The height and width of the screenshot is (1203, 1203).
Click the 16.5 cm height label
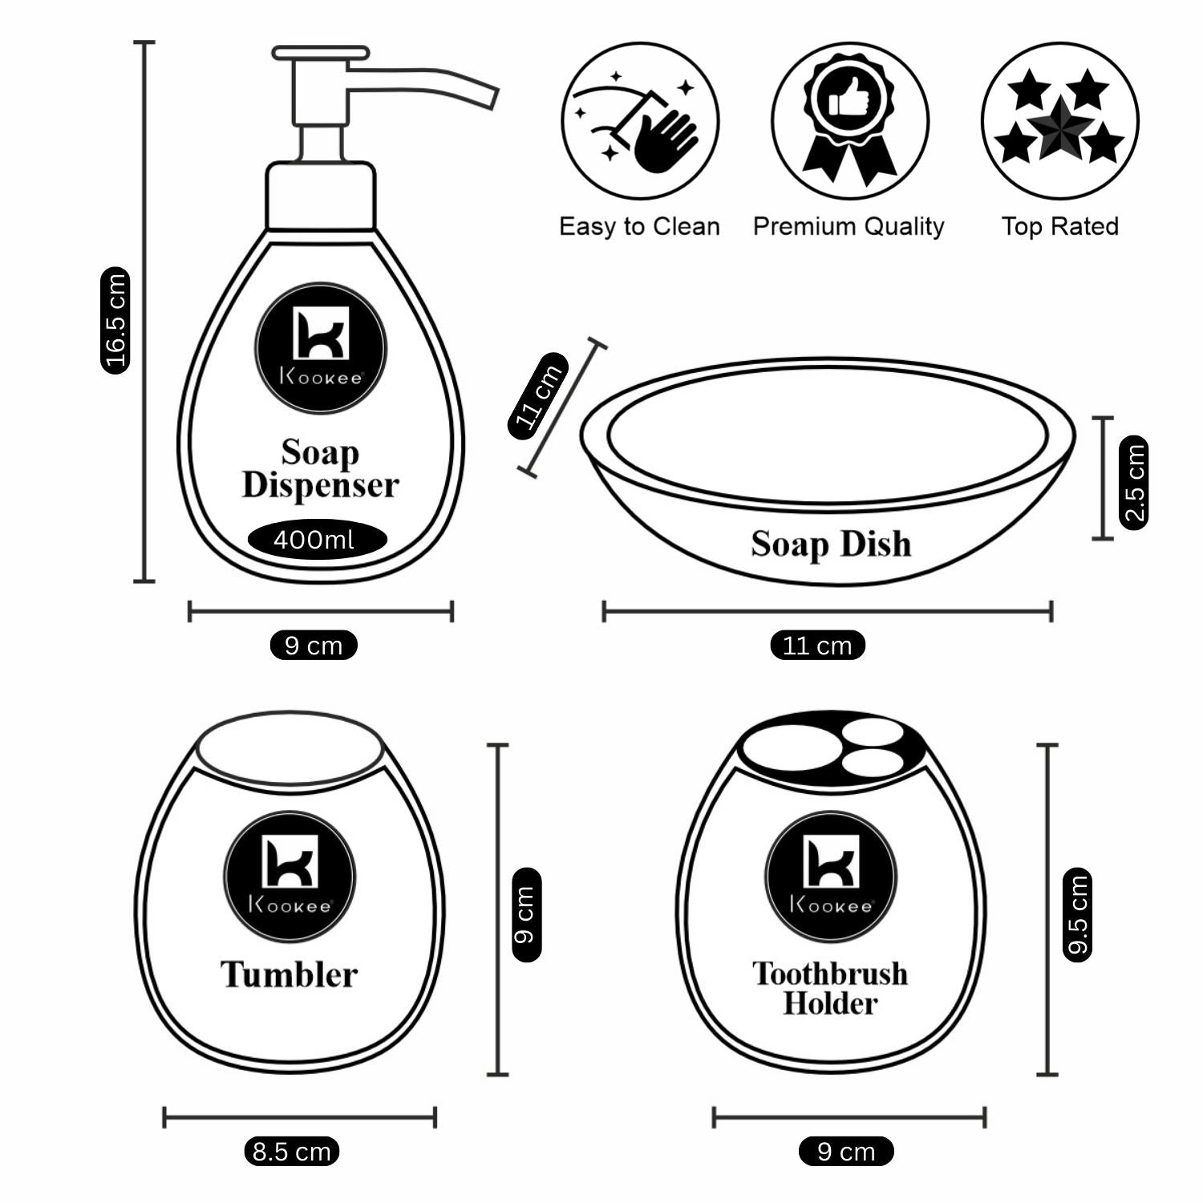[115, 320]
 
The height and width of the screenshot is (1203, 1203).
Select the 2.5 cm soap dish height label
[1133, 482]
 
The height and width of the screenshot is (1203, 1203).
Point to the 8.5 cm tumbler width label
[291, 1152]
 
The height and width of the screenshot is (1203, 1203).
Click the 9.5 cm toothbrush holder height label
[1077, 914]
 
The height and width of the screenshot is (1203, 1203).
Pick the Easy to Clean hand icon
[639, 121]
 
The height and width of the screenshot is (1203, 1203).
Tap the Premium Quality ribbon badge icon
[849, 120]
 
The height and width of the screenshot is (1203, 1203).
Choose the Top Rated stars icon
[1059, 120]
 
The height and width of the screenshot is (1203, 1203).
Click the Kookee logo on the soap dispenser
[321, 347]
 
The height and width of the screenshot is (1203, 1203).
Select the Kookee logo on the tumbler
[290, 876]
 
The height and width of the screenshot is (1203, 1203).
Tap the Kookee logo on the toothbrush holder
[831, 876]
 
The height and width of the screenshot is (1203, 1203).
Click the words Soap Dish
[831, 545]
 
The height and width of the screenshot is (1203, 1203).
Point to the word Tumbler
[289, 975]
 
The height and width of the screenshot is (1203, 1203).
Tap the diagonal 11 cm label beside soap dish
[538, 395]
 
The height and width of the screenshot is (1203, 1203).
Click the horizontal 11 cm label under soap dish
[817, 646]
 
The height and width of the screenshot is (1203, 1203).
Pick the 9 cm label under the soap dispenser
[314, 646]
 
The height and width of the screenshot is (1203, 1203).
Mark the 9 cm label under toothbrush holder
[846, 1152]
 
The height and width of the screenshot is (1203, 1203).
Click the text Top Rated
[1059, 227]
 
